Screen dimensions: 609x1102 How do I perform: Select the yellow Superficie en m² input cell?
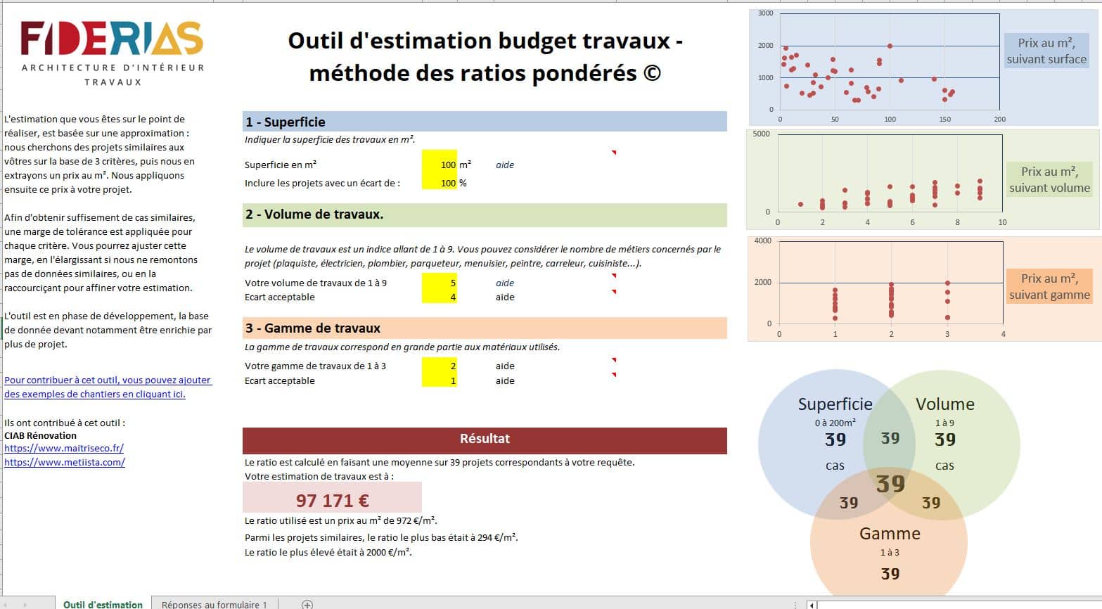[440, 165]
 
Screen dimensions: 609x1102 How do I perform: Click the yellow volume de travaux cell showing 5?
[440, 283]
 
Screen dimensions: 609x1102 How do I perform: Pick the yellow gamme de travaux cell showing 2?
[440, 366]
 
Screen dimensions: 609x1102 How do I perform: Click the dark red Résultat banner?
[484, 439]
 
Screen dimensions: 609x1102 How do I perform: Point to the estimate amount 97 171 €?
[332, 500]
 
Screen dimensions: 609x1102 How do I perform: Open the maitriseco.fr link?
[64, 448]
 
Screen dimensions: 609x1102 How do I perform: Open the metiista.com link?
[65, 462]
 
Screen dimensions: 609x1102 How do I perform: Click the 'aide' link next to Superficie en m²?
[505, 165]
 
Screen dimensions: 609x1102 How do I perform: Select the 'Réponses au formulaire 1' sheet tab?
[214, 604]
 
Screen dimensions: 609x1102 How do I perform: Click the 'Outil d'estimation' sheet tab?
[103, 604]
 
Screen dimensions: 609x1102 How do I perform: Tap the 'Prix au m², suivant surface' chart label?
[1046, 51]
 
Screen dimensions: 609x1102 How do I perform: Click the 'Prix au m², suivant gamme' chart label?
[1049, 286]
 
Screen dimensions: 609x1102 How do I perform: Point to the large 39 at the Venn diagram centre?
[890, 484]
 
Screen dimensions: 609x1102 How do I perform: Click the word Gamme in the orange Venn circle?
[890, 533]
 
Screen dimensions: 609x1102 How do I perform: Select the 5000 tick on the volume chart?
[761, 134]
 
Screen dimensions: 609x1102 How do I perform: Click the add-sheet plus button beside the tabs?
[307, 604]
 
